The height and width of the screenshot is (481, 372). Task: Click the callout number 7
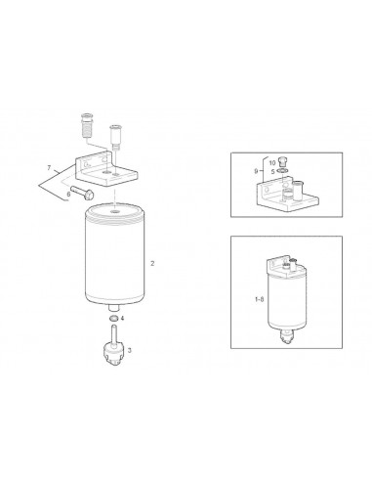coord(49,168)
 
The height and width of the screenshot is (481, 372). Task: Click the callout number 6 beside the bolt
coord(68,194)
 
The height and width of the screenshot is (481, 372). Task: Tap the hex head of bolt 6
coord(89,195)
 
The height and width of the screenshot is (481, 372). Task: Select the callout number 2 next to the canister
coord(152,263)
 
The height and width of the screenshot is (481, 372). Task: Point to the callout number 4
coord(122,318)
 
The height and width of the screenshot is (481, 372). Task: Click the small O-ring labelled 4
coord(113,318)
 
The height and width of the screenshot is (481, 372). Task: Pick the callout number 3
coord(130,350)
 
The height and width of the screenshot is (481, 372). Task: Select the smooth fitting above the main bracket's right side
coord(115,136)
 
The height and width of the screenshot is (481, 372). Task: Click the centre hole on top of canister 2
coord(114,212)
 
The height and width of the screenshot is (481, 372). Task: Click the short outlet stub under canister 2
coord(113,308)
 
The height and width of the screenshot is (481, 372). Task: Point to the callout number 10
coord(272,162)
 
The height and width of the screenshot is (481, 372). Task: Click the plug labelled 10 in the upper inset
coord(283,162)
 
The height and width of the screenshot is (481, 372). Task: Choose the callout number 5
coord(272,170)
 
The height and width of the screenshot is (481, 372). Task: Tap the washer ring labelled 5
coord(282,171)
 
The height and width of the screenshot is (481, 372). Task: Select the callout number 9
coord(256,171)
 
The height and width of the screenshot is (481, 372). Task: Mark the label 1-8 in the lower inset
coord(260,299)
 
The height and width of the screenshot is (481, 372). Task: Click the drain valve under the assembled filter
coord(285,335)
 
